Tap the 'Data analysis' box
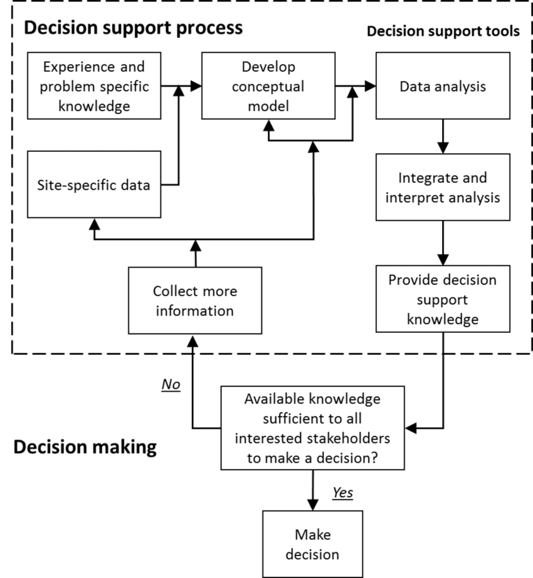coord(443,86)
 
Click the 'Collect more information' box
coord(195,302)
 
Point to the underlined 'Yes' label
coord(342,493)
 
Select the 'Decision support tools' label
coord(442,32)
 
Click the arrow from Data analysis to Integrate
coord(443,136)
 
